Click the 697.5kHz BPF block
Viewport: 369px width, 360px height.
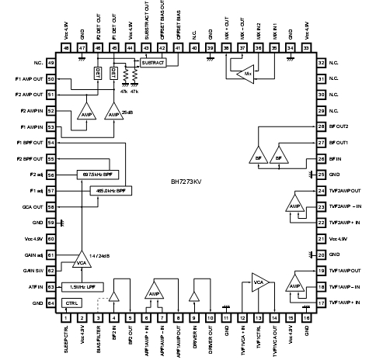[98, 175]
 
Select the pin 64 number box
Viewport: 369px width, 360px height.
[50, 303]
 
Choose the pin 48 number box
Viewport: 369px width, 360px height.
[64, 48]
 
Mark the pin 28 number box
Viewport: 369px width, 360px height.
[320, 126]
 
